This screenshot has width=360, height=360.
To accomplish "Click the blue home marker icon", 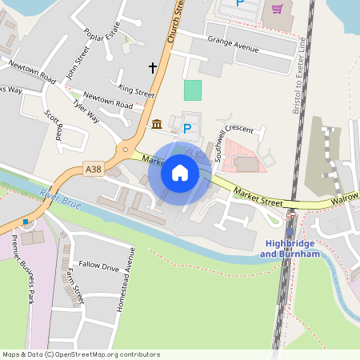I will (180, 173).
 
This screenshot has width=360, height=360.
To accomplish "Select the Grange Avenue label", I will (233, 44).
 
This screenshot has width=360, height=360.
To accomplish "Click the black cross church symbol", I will (153, 68).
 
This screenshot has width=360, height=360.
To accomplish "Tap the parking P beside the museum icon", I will (188, 128).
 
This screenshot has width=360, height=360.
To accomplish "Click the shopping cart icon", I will (278, 9).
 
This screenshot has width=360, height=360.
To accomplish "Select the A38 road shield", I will (94, 169).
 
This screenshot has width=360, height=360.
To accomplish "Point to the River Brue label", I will (58, 196).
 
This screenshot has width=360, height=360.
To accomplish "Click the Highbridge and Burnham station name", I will (290, 248).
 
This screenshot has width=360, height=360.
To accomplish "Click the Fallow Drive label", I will (98, 266).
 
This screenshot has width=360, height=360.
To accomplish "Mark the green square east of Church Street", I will (193, 90).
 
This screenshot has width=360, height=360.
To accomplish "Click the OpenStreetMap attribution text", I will (81, 354).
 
